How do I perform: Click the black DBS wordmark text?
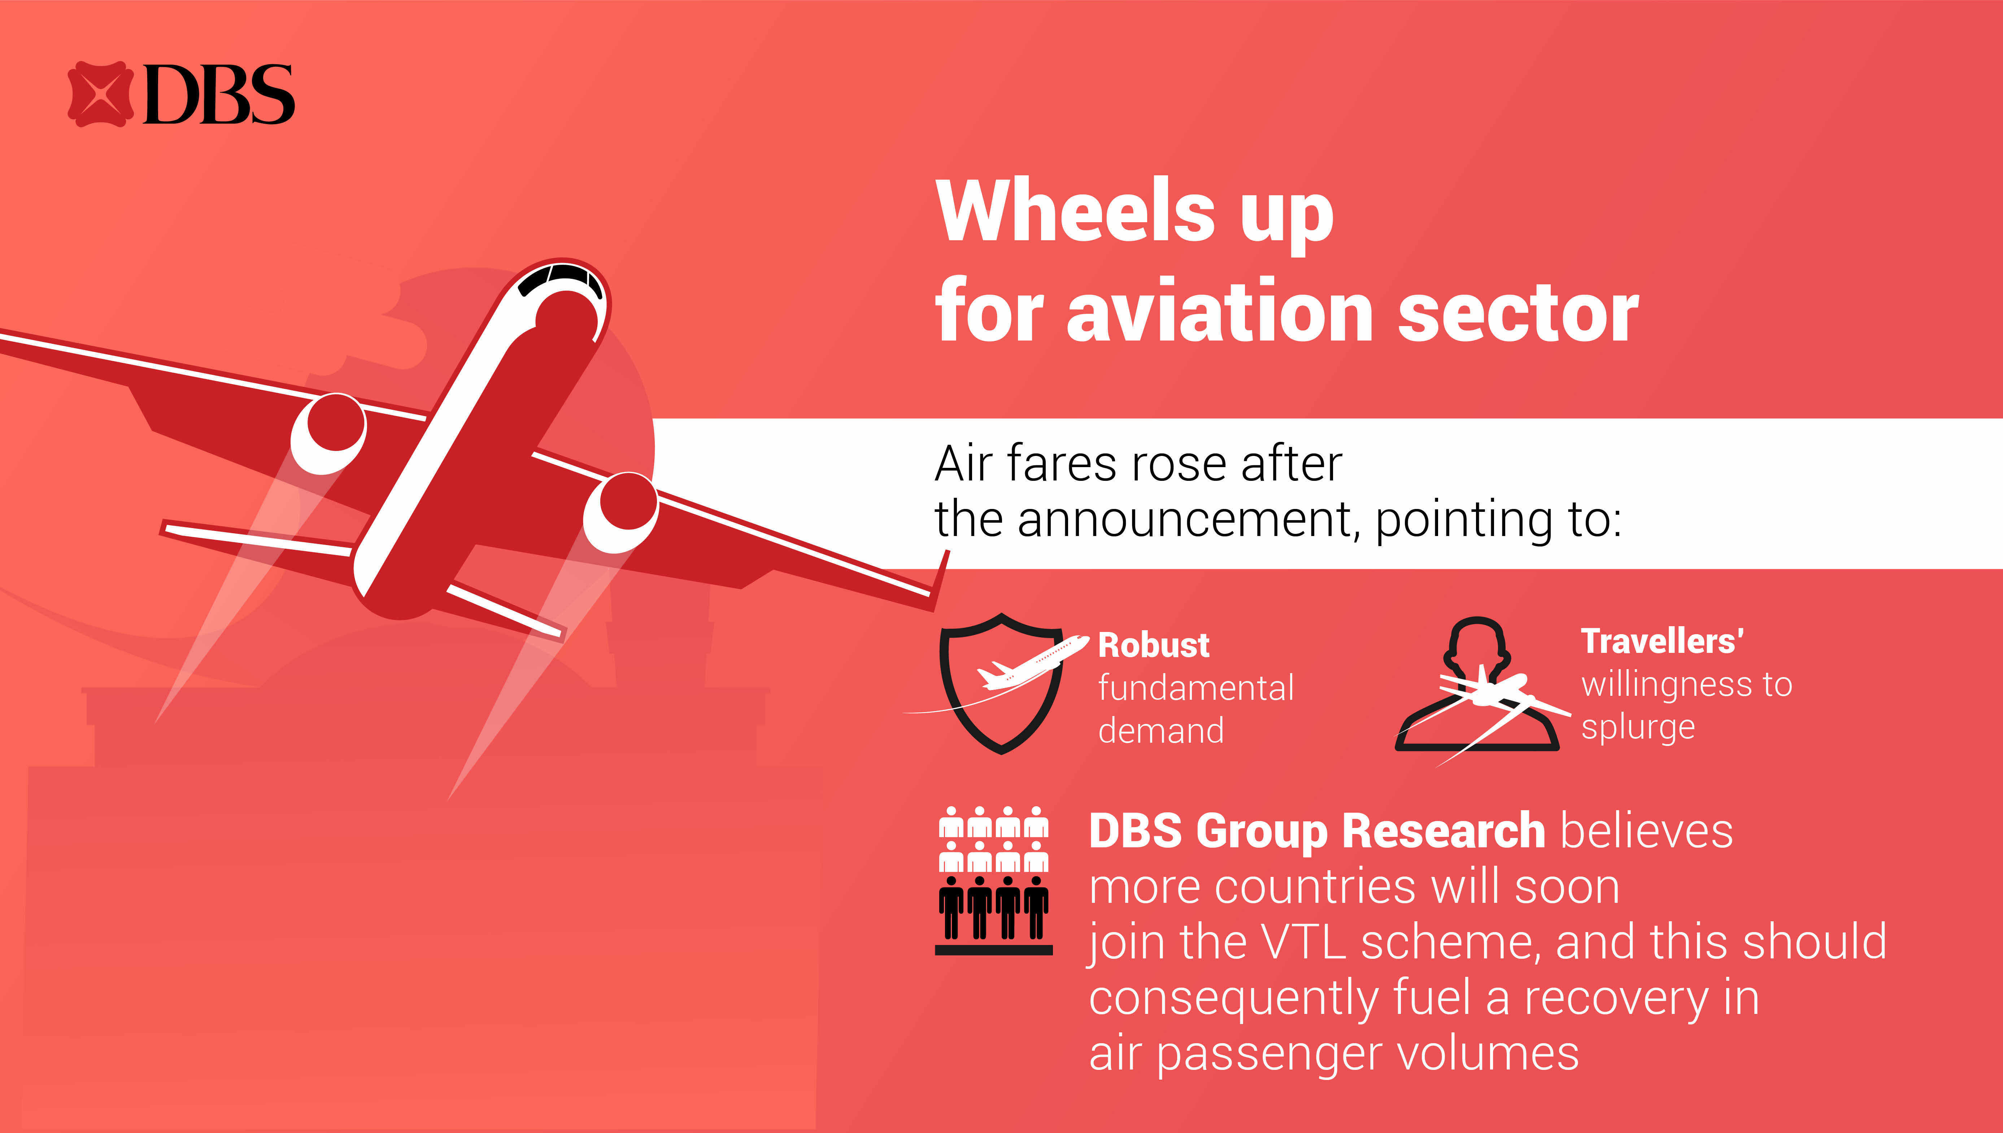219,94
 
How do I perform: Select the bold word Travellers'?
1662,641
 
